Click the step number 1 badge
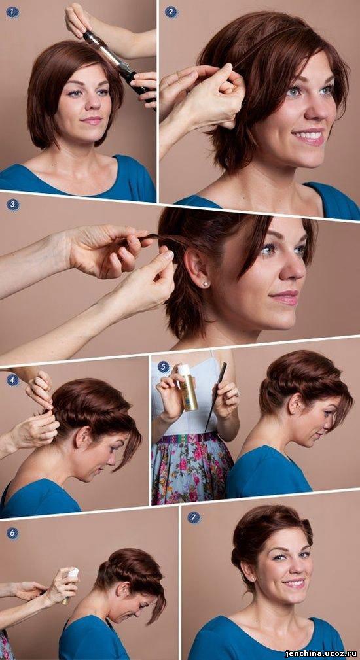tap(12, 12)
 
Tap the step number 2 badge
tap(171, 12)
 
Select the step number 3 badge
tap(12, 205)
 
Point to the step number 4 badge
tap(12, 380)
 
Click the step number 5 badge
tap(164, 367)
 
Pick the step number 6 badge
tap(12, 533)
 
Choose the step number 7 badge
tap(194, 517)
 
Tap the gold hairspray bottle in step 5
tap(188, 387)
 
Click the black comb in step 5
tap(216, 396)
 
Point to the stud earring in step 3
tap(206, 284)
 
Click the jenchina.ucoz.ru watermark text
tap(321, 653)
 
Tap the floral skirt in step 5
tap(192, 471)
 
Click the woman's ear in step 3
tap(196, 269)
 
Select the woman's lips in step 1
tap(91, 121)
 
